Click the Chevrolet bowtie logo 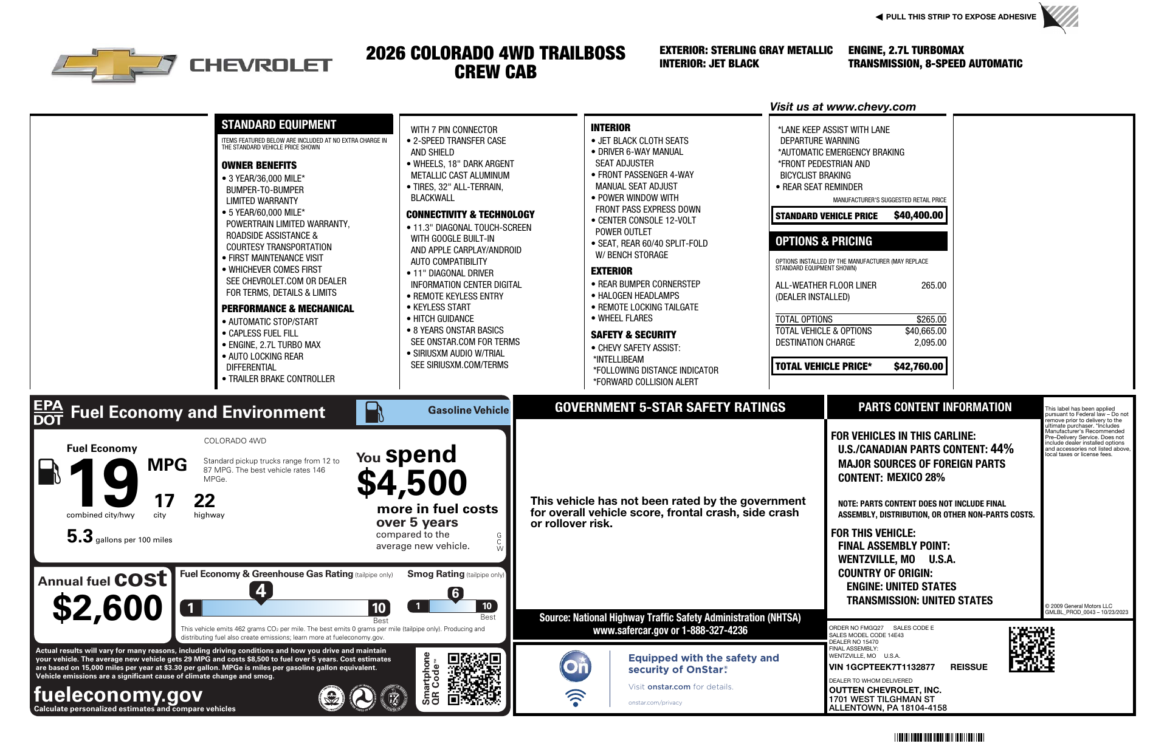point(114,64)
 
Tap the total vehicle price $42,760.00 point(918,366)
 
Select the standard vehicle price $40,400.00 point(918,216)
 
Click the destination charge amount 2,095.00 point(930,343)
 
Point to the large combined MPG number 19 point(103,483)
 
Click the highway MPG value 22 point(204,501)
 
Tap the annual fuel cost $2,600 point(108,608)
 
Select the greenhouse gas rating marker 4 point(261,590)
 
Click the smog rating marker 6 point(455,593)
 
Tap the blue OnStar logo point(575,666)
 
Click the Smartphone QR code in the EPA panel point(474,678)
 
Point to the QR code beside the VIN point(1031,649)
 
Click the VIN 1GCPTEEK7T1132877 point(881,667)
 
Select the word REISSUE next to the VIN point(968,667)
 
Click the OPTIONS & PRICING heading point(824,241)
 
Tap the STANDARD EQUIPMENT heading point(278,125)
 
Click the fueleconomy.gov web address point(118,694)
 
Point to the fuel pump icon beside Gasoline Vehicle point(374,412)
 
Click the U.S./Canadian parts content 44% point(1002,449)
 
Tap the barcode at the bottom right point(939,738)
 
